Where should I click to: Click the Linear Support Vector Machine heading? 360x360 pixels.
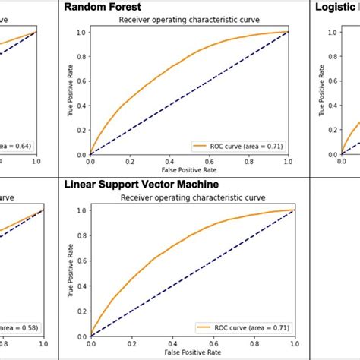[x=141, y=185]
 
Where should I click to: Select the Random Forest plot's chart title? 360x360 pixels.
[x=188, y=21]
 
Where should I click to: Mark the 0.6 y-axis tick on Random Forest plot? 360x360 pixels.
[x=81, y=81]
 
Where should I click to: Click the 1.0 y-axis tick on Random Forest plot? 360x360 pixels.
[x=81, y=32]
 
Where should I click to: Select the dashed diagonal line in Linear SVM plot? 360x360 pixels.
[x=190, y=273]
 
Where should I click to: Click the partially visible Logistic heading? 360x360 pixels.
[x=336, y=7]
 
